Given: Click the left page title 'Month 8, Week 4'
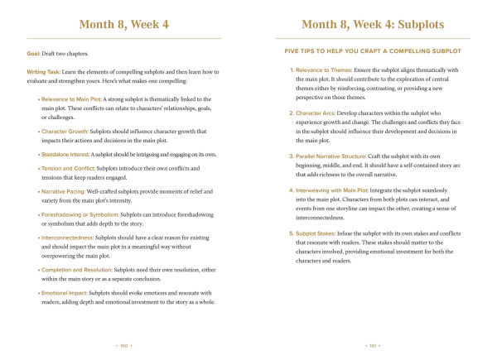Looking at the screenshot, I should pos(123,25).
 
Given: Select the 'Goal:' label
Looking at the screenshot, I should pos(35,54).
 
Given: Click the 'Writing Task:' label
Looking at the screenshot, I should pos(45,72).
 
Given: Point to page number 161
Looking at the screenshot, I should pos(372,345).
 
